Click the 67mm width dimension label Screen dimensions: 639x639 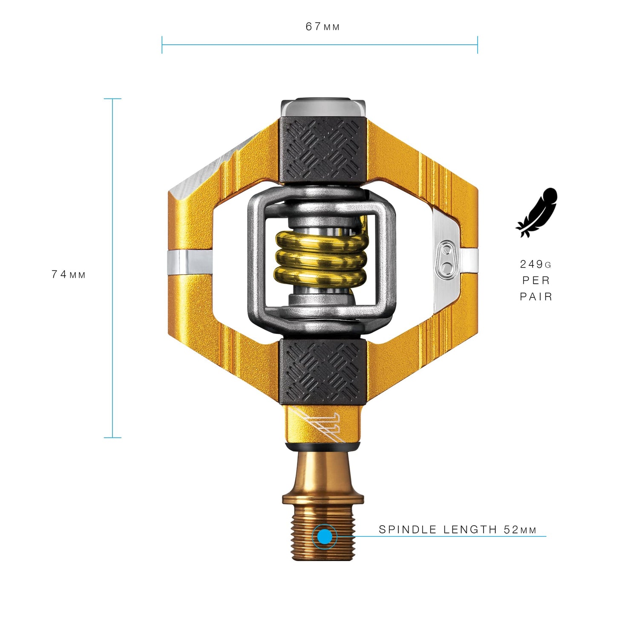pyautogui.click(x=322, y=26)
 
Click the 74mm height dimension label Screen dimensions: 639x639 pyautogui.click(x=69, y=274)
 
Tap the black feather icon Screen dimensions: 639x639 pyautogui.click(x=537, y=212)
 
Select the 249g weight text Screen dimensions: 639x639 pyautogui.click(x=535, y=264)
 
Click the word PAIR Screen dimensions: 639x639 pyautogui.click(x=536, y=296)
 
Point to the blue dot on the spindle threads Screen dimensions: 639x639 pyautogui.click(x=325, y=536)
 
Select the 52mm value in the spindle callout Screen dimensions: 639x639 pyautogui.click(x=520, y=530)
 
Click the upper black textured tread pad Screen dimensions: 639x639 pyautogui.click(x=323, y=150)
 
